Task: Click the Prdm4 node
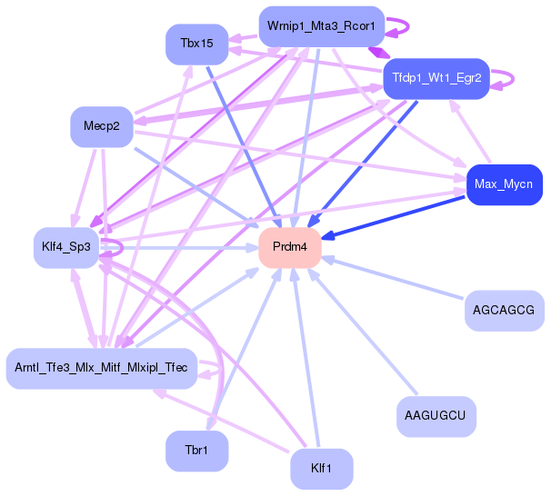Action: [290, 247]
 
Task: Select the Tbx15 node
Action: [196, 44]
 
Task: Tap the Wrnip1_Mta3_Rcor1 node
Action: [321, 26]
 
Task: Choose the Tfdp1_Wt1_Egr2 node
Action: [436, 79]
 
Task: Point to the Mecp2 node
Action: [102, 126]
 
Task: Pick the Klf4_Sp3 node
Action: [66, 247]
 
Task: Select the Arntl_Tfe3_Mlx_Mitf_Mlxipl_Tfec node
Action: [101, 368]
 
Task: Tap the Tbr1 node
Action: [196, 451]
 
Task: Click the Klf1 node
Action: [321, 469]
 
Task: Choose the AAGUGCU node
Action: [436, 416]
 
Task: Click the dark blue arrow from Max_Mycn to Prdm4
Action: [400, 215]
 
